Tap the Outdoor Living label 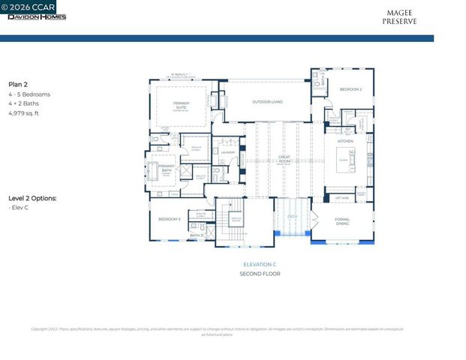tap(267, 101)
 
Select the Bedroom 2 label tap(350, 89)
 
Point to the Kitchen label tap(344, 141)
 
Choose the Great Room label tap(284, 159)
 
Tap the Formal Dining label tap(342, 221)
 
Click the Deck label tap(293, 215)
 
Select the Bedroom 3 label tap(169, 219)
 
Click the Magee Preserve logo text tap(401, 17)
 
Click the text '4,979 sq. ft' tap(23, 113)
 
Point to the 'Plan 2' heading tap(19, 85)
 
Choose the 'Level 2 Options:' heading tap(32, 198)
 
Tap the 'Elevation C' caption tap(260, 265)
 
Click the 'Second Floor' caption tap(260, 274)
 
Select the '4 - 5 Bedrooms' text tap(29, 94)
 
